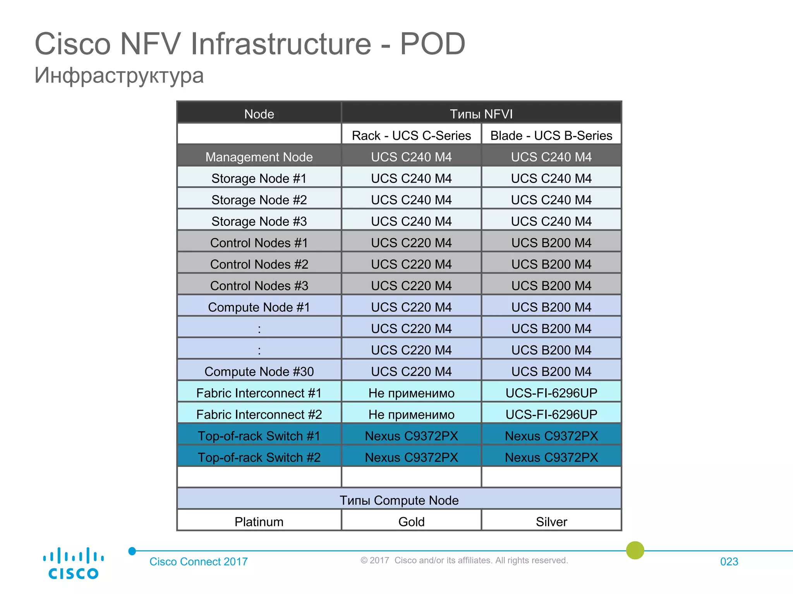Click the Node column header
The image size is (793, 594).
pos(259,114)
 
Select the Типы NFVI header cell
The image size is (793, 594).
pos(481,114)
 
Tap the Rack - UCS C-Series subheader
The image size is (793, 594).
pos(411,135)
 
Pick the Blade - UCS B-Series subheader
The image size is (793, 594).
pos(551,135)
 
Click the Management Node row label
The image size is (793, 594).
pos(259,157)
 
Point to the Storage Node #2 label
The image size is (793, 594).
pos(259,200)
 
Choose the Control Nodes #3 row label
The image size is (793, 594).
pos(259,286)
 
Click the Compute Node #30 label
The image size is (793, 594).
pos(259,372)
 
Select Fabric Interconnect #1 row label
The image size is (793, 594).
pos(259,393)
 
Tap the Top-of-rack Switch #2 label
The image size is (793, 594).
pos(259,457)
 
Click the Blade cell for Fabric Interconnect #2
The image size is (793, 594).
pos(551,415)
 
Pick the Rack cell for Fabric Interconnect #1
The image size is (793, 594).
pos(411,393)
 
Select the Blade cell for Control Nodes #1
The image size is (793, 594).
pos(551,243)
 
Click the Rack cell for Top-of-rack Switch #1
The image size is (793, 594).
pos(411,436)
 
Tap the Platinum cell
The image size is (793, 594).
pos(259,522)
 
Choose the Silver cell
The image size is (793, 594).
pos(551,522)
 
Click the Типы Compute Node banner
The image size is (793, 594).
pos(399,500)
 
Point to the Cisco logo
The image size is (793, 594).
pos(73,563)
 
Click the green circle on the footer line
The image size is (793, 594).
pos(635,550)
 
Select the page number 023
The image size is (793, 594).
pos(729,562)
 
